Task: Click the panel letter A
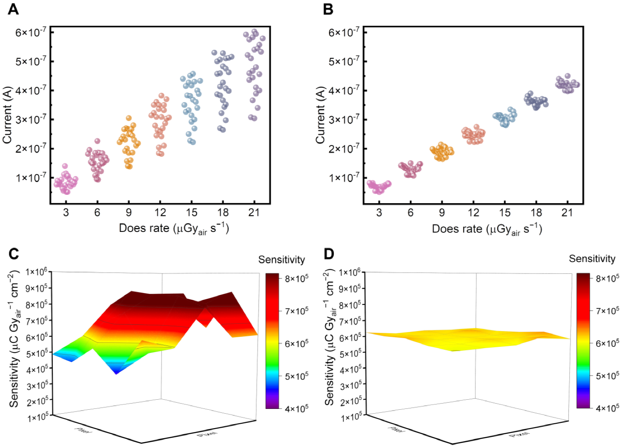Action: pos(13,9)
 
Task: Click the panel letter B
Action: pos(328,9)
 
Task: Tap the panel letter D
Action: pos(329,254)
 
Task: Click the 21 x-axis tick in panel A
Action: pos(254,213)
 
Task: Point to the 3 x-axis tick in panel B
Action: pos(379,213)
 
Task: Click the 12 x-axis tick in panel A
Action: pos(160,213)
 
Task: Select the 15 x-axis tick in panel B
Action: pos(505,213)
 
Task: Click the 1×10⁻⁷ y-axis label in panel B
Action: pos(344,177)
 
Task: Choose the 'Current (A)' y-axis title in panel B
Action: pos(321,115)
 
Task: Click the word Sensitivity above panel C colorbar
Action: pos(282,260)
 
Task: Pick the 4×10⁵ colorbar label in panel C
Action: pos(296,408)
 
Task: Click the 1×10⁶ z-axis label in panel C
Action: pos(38,272)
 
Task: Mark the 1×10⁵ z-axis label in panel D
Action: pos(351,417)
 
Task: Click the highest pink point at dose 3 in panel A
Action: pos(65,166)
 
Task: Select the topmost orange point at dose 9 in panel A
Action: pos(129,118)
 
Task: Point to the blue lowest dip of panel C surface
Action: pos(116,373)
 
